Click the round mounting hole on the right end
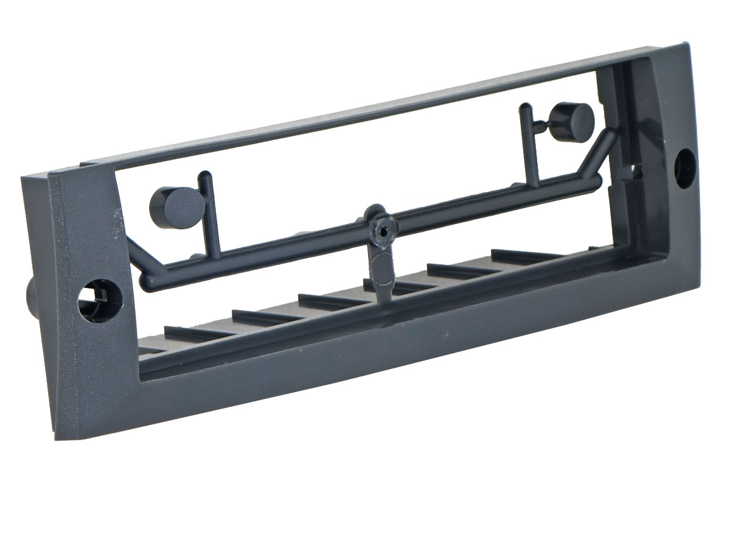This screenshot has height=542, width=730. point(685,168)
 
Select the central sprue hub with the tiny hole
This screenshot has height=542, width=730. point(381,230)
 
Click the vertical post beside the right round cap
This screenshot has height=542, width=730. point(529,146)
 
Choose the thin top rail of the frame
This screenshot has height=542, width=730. point(365,110)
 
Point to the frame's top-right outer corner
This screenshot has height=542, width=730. point(686,44)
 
